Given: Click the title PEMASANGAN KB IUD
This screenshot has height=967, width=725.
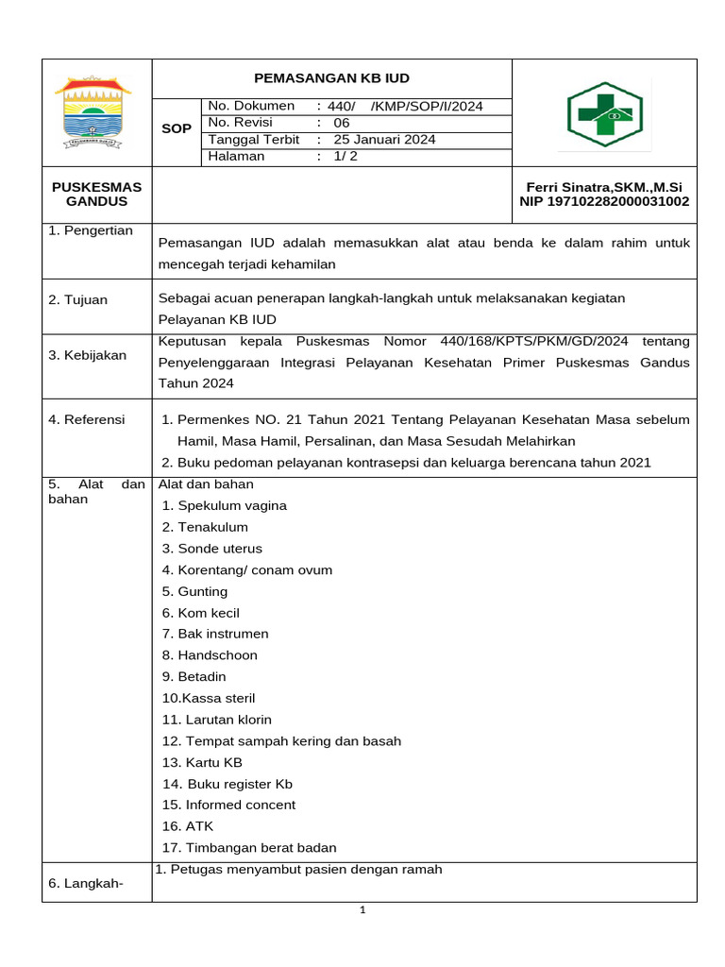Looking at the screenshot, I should point(331,78).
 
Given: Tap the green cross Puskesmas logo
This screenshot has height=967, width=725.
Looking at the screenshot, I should point(604,114).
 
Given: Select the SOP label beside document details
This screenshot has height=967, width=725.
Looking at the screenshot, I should point(177,128).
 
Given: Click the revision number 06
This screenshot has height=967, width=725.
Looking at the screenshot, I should point(342,123).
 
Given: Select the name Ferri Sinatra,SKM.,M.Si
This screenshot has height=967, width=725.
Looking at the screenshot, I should point(604,188).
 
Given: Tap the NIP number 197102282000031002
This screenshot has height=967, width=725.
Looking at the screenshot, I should point(604,202).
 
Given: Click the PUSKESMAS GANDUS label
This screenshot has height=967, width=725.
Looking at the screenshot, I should point(96,195).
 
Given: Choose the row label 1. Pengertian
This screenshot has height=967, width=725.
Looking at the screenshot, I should point(91,231).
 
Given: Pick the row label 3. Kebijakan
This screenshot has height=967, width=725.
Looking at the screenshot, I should point(87,355).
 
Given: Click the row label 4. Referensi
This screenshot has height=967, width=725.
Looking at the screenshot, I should point(87,419).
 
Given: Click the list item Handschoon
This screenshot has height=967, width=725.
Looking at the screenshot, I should point(217,655).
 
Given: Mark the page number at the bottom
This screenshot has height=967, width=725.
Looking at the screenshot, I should point(362,910).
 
